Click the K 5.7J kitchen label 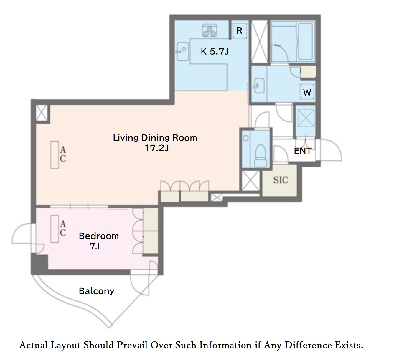coord(215,52)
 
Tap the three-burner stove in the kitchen coord(210,31)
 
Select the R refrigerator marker coord(239,31)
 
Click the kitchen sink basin coord(183,52)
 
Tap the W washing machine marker coord(307,92)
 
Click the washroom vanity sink coord(259,86)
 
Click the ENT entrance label coord(303,151)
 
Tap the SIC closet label coord(281,180)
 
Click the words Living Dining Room coord(155,138)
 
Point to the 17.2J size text coord(157,148)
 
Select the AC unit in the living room coord(55,155)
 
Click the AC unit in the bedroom coord(55,229)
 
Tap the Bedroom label coord(99,236)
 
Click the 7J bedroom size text coord(95,246)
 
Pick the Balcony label coord(96,291)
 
